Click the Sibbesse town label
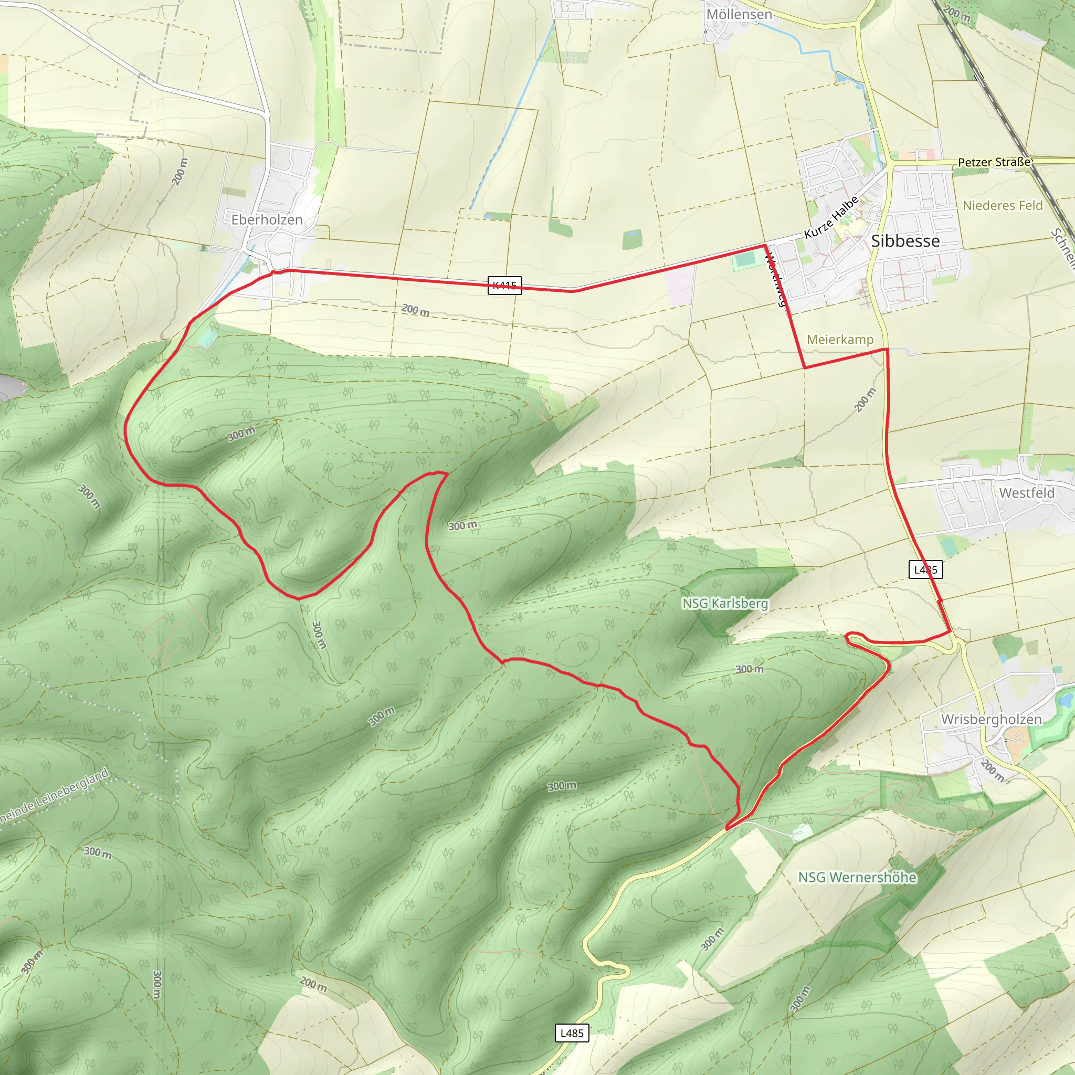905,241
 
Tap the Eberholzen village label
267,220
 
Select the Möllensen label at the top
739,15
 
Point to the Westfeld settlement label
1026,493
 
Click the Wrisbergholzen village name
991,719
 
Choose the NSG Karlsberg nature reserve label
725,603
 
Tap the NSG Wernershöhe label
857,878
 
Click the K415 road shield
504,286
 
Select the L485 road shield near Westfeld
925,569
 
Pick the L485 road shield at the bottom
572,1033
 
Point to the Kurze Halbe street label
831,217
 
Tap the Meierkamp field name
840,340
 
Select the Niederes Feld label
1002,205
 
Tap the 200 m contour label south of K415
415,310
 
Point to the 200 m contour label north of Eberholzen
180,171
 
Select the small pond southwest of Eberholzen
207,339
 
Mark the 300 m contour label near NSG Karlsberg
749,669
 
